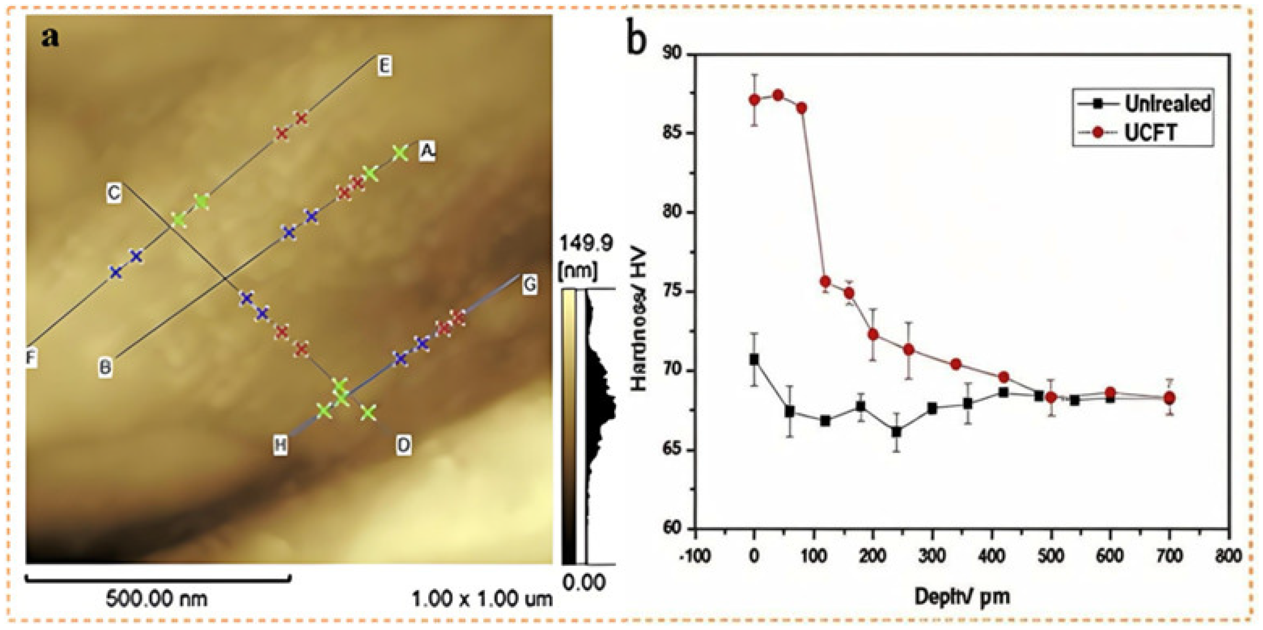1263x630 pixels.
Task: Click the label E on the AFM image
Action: click(384, 66)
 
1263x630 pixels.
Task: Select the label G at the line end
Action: click(529, 284)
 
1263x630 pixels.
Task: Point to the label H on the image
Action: click(280, 445)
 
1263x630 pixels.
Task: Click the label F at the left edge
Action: click(31, 358)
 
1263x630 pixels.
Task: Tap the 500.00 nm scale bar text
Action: click(156, 599)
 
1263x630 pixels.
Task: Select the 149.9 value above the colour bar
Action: click(586, 244)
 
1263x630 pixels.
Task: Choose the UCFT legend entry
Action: click(1150, 132)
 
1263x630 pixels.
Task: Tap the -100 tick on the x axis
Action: click(694, 556)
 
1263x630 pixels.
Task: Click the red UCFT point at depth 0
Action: click(754, 100)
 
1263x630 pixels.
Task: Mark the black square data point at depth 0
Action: click(754, 359)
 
